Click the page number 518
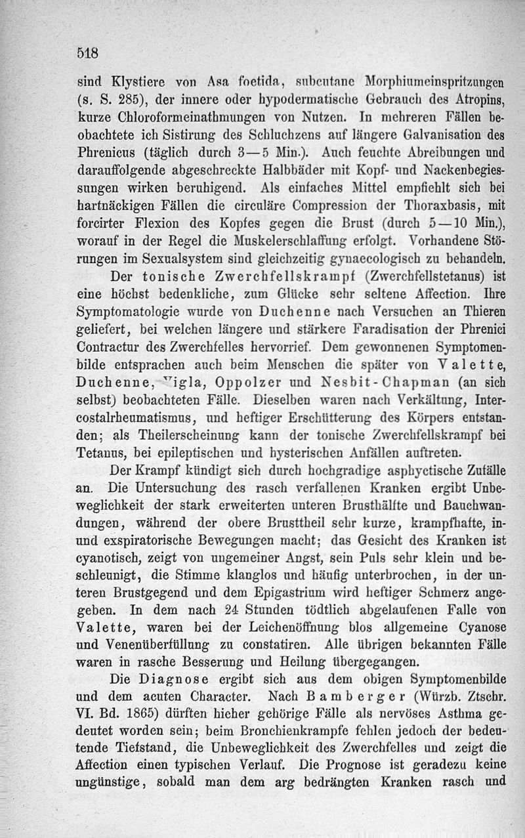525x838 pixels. click(x=87, y=53)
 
